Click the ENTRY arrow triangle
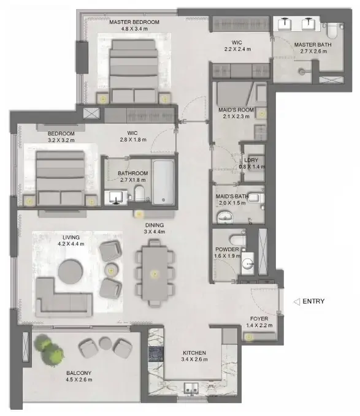point(297,301)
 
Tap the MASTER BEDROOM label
point(134,22)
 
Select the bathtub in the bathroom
point(163,182)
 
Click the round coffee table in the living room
point(71,272)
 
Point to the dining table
point(155,273)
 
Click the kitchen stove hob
point(156,354)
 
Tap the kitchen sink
point(191,388)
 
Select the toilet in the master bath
point(332,30)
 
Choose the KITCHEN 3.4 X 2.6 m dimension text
point(194,360)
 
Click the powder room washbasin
point(248,263)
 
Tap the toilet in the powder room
point(238,240)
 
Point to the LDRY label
point(251,160)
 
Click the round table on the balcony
point(105,343)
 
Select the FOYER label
point(259,319)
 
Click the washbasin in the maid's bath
point(226,217)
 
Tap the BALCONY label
point(79,373)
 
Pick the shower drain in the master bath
point(302,71)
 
